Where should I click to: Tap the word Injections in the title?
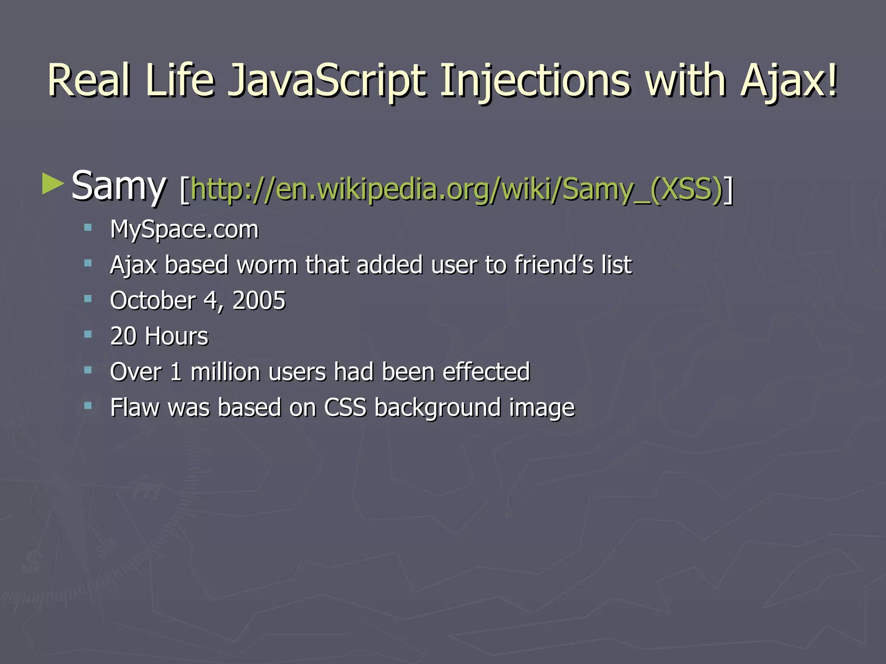pyautogui.click(x=535, y=81)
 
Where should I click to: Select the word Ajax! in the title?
pyautogui.click(x=789, y=81)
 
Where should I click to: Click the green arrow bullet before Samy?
pyautogui.click(x=53, y=184)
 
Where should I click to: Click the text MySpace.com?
pyautogui.click(x=184, y=230)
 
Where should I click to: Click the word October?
pyautogui.click(x=153, y=300)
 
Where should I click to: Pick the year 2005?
pyautogui.click(x=259, y=300)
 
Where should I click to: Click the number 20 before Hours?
pyautogui.click(x=123, y=336)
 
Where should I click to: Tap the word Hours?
pyautogui.click(x=177, y=336)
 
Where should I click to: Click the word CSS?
pyautogui.click(x=345, y=408)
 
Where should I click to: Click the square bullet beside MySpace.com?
pyautogui.click(x=88, y=227)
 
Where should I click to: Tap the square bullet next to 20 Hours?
pyautogui.click(x=88, y=334)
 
